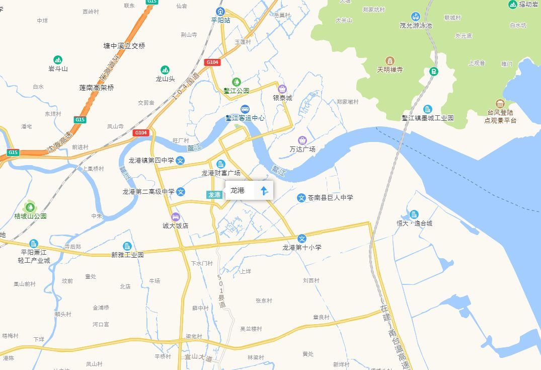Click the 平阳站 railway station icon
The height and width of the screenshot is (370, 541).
(220, 11)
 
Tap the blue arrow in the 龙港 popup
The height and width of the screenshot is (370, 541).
(264, 190)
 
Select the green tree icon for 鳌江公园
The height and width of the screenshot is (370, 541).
(236, 82)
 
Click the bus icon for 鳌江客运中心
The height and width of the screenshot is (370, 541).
(245, 109)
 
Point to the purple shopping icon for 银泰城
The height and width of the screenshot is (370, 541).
(282, 89)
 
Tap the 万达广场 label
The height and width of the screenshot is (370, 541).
(302, 150)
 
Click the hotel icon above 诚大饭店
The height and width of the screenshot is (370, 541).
(175, 217)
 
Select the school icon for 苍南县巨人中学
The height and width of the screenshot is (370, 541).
(301, 198)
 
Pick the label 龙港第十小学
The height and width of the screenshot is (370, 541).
(301, 248)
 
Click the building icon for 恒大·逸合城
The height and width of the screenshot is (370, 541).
(414, 214)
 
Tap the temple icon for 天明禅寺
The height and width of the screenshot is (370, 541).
(390, 61)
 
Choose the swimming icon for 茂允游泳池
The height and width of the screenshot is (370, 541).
(416, 16)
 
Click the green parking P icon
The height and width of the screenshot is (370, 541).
(433, 71)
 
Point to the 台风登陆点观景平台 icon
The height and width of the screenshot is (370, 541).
(500, 103)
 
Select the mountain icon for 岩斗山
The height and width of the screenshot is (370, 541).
(58, 60)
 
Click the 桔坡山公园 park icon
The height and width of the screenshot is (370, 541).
(30, 206)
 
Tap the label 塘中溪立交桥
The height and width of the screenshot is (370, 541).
(124, 46)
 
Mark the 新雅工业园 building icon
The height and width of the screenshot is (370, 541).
(127, 246)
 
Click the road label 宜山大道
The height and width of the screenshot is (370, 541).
(198, 357)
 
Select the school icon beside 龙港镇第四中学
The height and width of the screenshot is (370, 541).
(181, 161)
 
